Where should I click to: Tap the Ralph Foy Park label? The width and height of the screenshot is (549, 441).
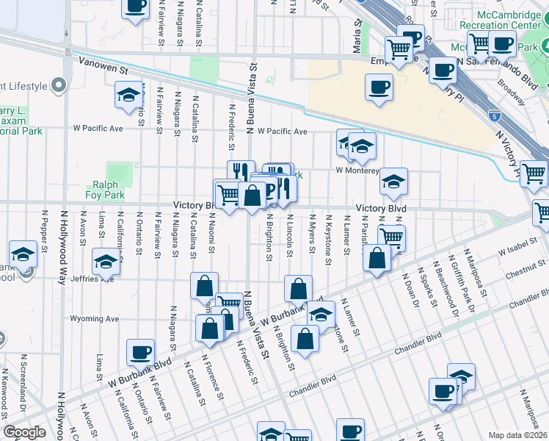click(109, 190)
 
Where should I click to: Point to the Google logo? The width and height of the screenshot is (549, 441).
click(24, 431)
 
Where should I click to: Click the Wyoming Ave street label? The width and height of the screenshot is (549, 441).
click(94, 319)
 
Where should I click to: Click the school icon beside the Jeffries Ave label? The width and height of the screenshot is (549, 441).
click(106, 262)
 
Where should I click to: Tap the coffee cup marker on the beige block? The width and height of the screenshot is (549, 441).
click(379, 87)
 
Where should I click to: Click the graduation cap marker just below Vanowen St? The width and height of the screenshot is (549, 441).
click(129, 94)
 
